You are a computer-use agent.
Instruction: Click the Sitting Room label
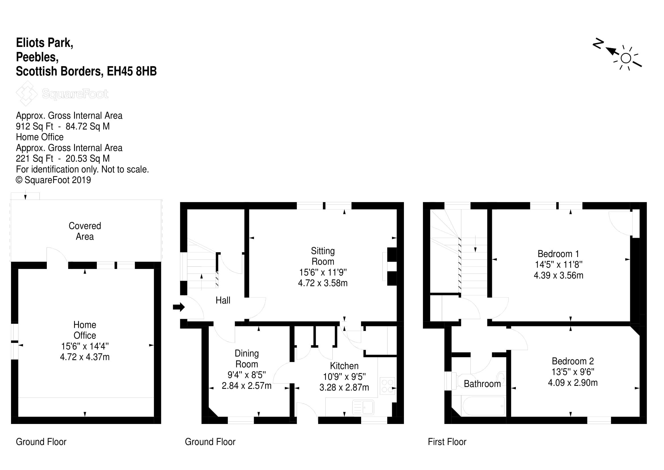tap(323, 256)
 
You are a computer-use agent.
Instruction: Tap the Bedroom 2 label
tap(573, 361)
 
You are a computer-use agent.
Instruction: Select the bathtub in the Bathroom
tap(483, 406)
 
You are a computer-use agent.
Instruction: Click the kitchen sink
tap(363, 407)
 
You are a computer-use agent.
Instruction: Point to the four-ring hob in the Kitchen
tap(387, 386)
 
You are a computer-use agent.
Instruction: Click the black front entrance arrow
tap(179, 307)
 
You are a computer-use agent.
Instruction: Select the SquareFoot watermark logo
tap(62, 94)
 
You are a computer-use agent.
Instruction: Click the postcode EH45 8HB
tap(132, 71)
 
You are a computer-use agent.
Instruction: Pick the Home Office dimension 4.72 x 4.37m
tap(85, 357)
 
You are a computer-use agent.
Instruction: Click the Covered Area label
tap(85, 231)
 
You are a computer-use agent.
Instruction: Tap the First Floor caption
tap(447, 442)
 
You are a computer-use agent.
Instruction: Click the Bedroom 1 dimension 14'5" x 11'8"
tap(558, 264)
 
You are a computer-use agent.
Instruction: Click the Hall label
tap(223, 300)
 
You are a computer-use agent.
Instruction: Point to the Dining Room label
tap(247, 359)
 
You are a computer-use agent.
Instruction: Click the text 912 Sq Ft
tap(35, 126)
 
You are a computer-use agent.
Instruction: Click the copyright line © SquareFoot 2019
tap(53, 180)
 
